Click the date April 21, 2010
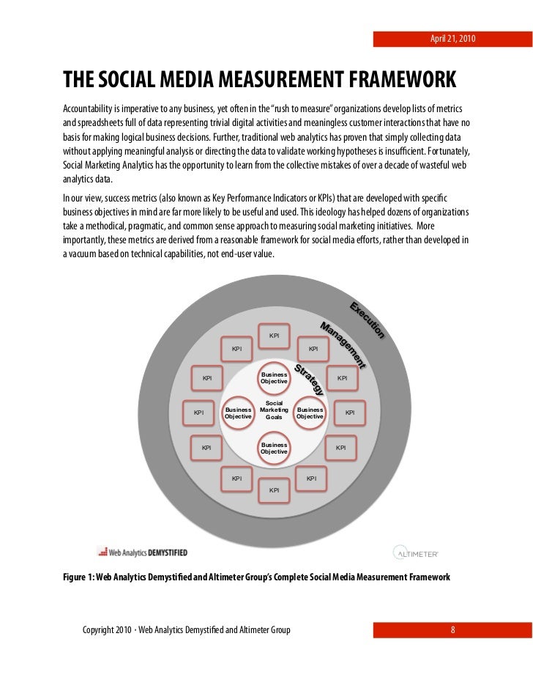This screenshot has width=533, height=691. pyautogui.click(x=452, y=38)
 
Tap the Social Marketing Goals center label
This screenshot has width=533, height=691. pyautogui.click(x=274, y=410)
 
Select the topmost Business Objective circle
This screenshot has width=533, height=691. pyautogui.click(x=274, y=378)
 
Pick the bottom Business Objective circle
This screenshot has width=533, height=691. pyautogui.click(x=274, y=448)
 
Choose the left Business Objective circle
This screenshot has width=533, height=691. pyautogui.click(x=238, y=413)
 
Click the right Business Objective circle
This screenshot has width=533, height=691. pyautogui.click(x=310, y=413)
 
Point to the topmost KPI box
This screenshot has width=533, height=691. pyautogui.click(x=274, y=336)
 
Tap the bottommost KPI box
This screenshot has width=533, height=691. pyautogui.click(x=274, y=489)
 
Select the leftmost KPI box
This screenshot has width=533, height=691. pyautogui.click(x=198, y=413)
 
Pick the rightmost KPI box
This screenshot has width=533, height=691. pyautogui.click(x=350, y=413)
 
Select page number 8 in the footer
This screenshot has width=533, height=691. pyautogui.click(x=453, y=629)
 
